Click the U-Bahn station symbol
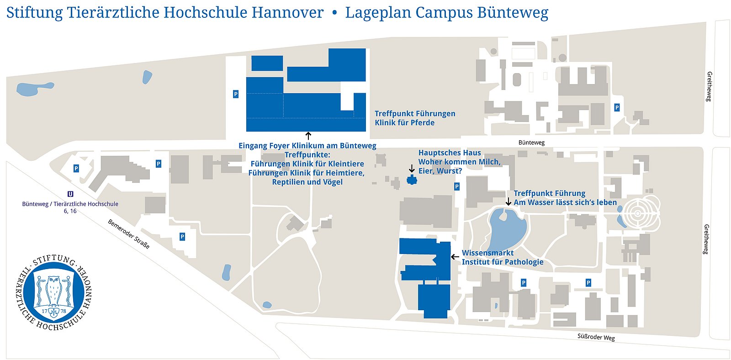click(70, 194)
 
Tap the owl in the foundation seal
click(54, 291)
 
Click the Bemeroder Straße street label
click(129, 234)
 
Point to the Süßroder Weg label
click(596, 337)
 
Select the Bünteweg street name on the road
click(531, 143)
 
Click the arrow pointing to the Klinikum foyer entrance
click(308, 136)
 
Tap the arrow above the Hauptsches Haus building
click(412, 168)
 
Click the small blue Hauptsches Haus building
click(412, 180)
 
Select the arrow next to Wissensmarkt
click(455, 257)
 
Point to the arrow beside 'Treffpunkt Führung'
click(508, 201)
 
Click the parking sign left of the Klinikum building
click(236, 94)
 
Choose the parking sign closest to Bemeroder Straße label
click(182, 237)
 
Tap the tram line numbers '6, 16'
click(70, 211)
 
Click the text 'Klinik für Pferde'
click(405, 122)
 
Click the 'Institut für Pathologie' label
click(503, 262)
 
